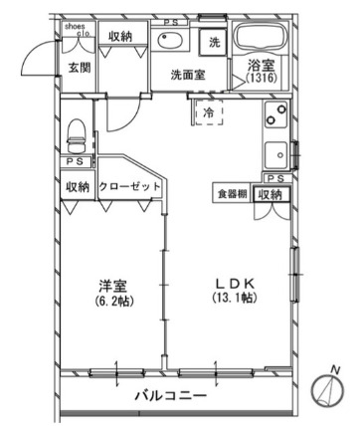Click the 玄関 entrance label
(x=79, y=69)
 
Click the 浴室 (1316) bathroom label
(x=265, y=73)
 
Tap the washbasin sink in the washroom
(x=170, y=43)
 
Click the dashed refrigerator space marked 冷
(x=209, y=114)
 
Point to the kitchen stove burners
(x=273, y=123)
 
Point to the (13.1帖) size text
(x=228, y=299)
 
